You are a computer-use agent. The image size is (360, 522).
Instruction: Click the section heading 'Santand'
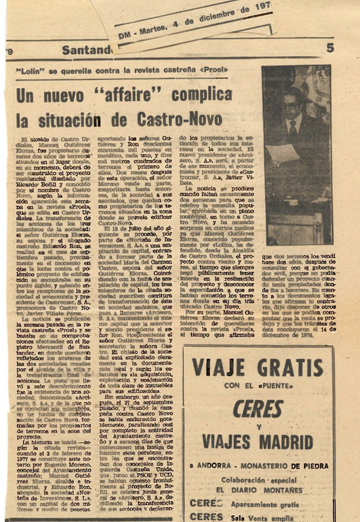pyautogui.click(x=86, y=50)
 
